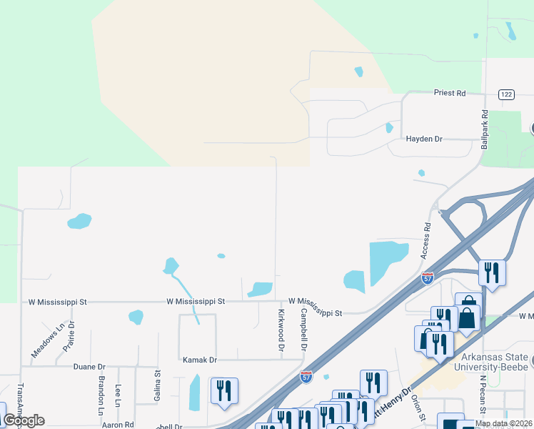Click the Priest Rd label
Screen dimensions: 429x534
[x=450, y=93]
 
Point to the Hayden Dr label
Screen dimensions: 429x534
[x=425, y=139]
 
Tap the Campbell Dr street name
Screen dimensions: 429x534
[x=303, y=329]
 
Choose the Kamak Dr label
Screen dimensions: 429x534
[x=199, y=360]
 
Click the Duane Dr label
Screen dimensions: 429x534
[x=89, y=366]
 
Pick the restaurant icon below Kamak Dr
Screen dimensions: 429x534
[x=224, y=390]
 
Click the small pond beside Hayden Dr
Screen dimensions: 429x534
[x=389, y=128]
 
